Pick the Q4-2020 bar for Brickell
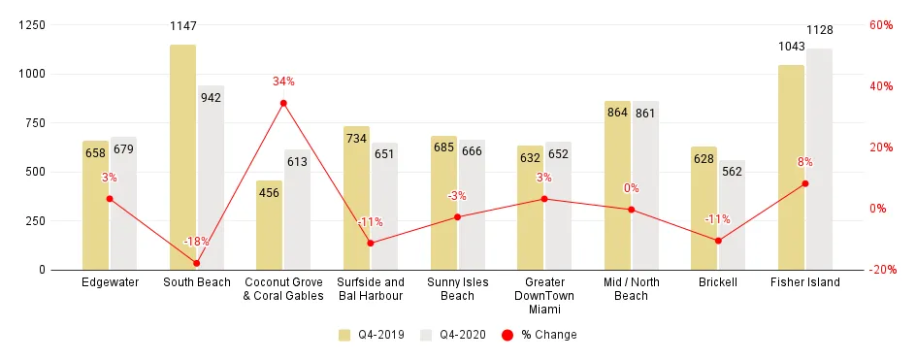tap(732, 214)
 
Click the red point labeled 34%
tap(283, 103)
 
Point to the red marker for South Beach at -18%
tap(196, 263)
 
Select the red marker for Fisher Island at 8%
tap(805, 183)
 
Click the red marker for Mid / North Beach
tap(631, 210)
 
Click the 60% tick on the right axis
tap(881, 25)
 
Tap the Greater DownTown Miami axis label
tap(543, 296)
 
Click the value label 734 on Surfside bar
tap(356, 140)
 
